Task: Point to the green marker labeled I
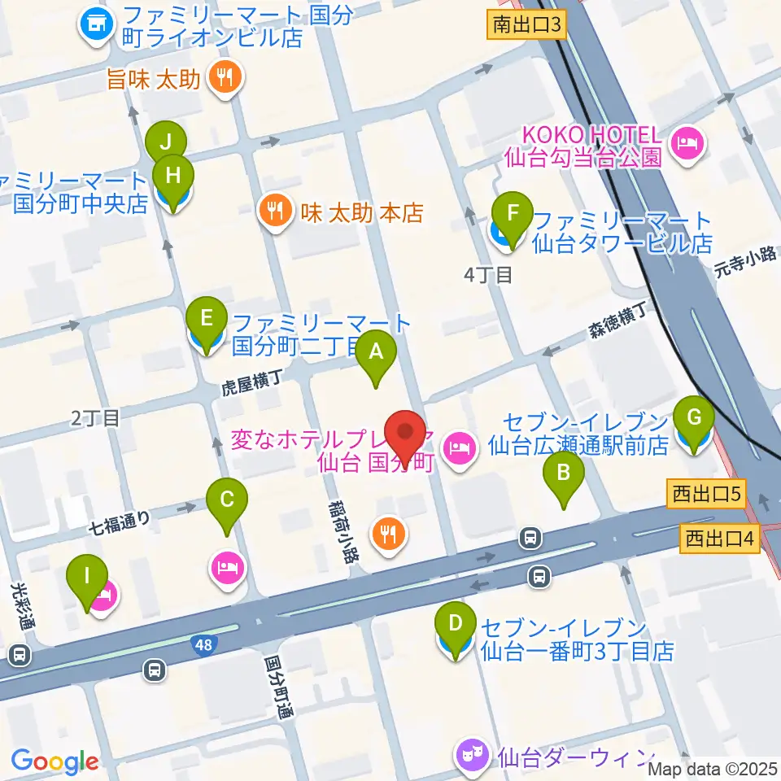pos(87,579)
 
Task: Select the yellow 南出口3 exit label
pos(527,25)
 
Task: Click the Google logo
pos(55,761)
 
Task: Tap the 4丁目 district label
pos(487,275)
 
